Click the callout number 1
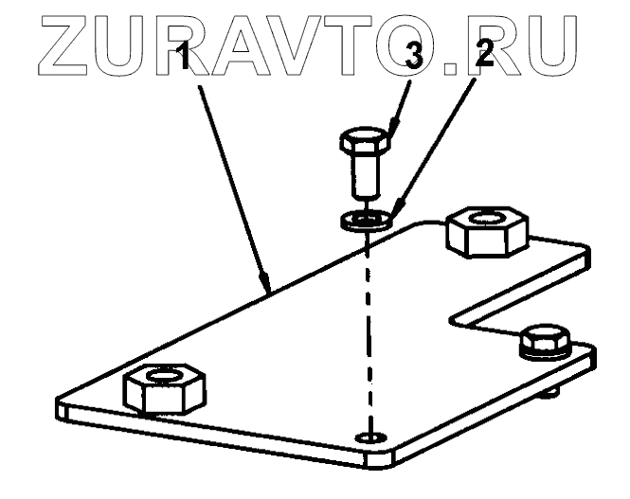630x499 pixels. (188, 62)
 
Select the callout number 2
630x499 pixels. (484, 55)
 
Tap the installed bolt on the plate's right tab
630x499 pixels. (546, 342)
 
